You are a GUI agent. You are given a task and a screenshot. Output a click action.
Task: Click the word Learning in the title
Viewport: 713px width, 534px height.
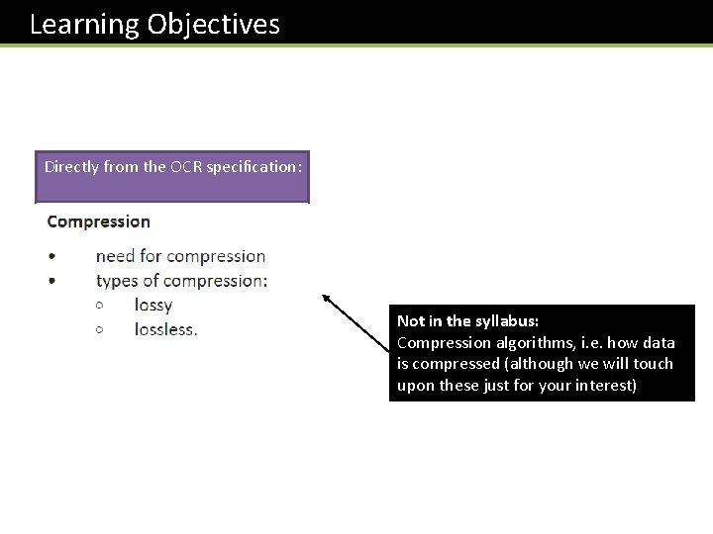[84, 24]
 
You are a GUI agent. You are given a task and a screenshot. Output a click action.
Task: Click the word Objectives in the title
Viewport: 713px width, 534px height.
[213, 24]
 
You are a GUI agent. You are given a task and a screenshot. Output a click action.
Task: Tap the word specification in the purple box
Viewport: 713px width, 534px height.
[256, 167]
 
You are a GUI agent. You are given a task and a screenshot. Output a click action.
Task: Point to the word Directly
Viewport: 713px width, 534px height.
[71, 167]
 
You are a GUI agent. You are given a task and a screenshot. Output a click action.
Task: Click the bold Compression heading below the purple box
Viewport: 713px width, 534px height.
[99, 222]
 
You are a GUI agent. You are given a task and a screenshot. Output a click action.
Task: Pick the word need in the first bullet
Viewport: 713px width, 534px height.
[115, 256]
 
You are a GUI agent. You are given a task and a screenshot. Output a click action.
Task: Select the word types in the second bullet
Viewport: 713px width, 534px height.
[117, 281]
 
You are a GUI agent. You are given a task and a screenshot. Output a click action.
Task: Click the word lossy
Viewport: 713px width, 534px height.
[153, 305]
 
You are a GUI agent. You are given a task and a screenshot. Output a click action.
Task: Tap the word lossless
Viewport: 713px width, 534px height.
[165, 329]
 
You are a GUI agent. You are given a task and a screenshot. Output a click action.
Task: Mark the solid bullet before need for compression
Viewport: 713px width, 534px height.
[51, 257]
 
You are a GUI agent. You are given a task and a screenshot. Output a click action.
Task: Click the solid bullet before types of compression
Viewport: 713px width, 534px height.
[51, 282]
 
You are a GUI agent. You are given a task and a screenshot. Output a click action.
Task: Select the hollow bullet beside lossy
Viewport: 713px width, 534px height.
[100, 306]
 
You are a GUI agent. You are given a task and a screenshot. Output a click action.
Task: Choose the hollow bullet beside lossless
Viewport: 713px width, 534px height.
[100, 329]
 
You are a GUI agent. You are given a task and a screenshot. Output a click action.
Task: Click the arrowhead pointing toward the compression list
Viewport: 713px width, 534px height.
[324, 297]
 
